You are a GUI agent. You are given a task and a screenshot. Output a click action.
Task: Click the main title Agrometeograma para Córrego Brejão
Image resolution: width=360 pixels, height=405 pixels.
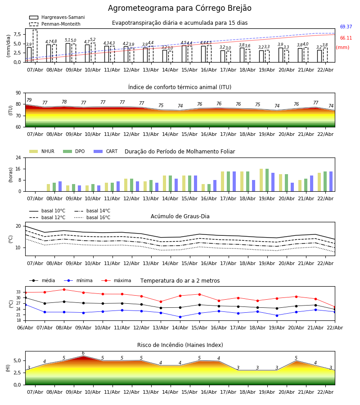[x=180, y=9]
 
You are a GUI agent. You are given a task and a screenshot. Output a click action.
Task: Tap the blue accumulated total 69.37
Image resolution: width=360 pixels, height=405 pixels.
[x=346, y=27]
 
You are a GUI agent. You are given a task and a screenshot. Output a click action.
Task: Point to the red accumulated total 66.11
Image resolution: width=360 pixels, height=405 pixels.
[x=346, y=38]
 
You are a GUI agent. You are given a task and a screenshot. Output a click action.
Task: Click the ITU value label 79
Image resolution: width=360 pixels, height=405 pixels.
[x=29, y=100]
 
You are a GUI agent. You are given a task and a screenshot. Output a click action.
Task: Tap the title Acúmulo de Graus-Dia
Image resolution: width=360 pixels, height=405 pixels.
[x=180, y=216]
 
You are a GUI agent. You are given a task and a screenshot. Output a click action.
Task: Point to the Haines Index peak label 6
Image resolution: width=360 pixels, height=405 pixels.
[x=83, y=353]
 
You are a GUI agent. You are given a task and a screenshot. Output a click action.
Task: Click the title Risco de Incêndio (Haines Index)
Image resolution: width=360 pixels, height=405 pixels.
[x=180, y=345]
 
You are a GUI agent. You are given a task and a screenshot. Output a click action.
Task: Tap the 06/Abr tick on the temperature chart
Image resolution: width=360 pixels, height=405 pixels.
[x=25, y=327]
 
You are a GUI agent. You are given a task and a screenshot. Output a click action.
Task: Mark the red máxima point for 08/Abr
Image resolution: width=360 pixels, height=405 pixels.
[x=64, y=290]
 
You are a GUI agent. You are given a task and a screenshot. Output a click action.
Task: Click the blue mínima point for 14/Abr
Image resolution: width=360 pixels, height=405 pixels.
[x=180, y=317]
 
